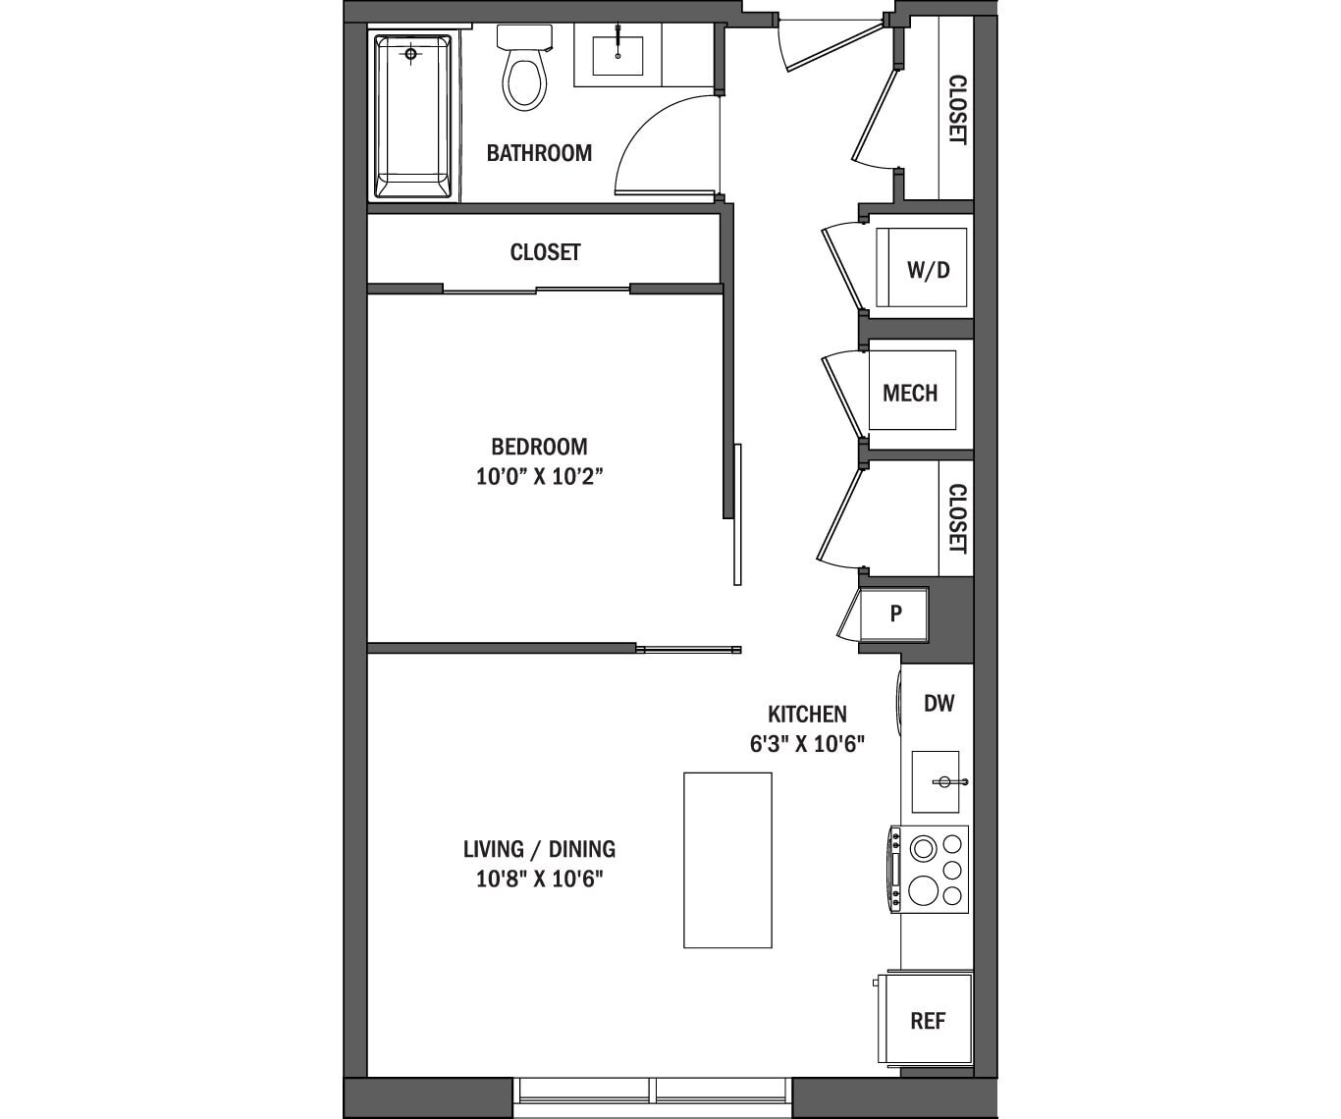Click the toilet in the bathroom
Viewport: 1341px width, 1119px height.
(523, 75)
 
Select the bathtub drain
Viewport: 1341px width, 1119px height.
(411, 54)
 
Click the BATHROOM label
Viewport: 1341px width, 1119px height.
(539, 153)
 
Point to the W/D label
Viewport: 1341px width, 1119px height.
(928, 270)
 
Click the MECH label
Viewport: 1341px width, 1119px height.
(910, 394)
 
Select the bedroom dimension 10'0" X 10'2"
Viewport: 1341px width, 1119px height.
(538, 477)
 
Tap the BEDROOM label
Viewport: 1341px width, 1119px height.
(539, 447)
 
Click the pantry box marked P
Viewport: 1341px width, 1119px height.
(894, 614)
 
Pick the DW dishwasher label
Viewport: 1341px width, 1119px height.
(939, 703)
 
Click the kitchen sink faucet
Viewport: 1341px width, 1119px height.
(946, 782)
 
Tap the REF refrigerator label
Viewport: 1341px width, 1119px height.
(928, 1021)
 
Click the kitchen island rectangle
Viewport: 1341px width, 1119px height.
(727, 860)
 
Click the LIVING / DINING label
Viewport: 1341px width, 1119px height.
(539, 849)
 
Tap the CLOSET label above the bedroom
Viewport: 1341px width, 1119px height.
(545, 252)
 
